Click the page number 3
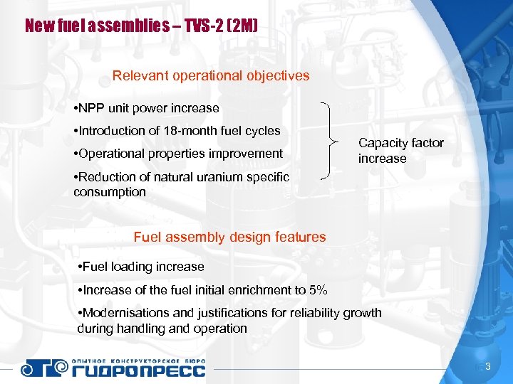(x=488, y=366)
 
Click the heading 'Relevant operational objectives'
(x=211, y=75)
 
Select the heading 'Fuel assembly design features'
(x=229, y=238)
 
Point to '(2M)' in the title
(x=242, y=27)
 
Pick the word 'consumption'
(x=109, y=192)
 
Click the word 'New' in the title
(x=37, y=27)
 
